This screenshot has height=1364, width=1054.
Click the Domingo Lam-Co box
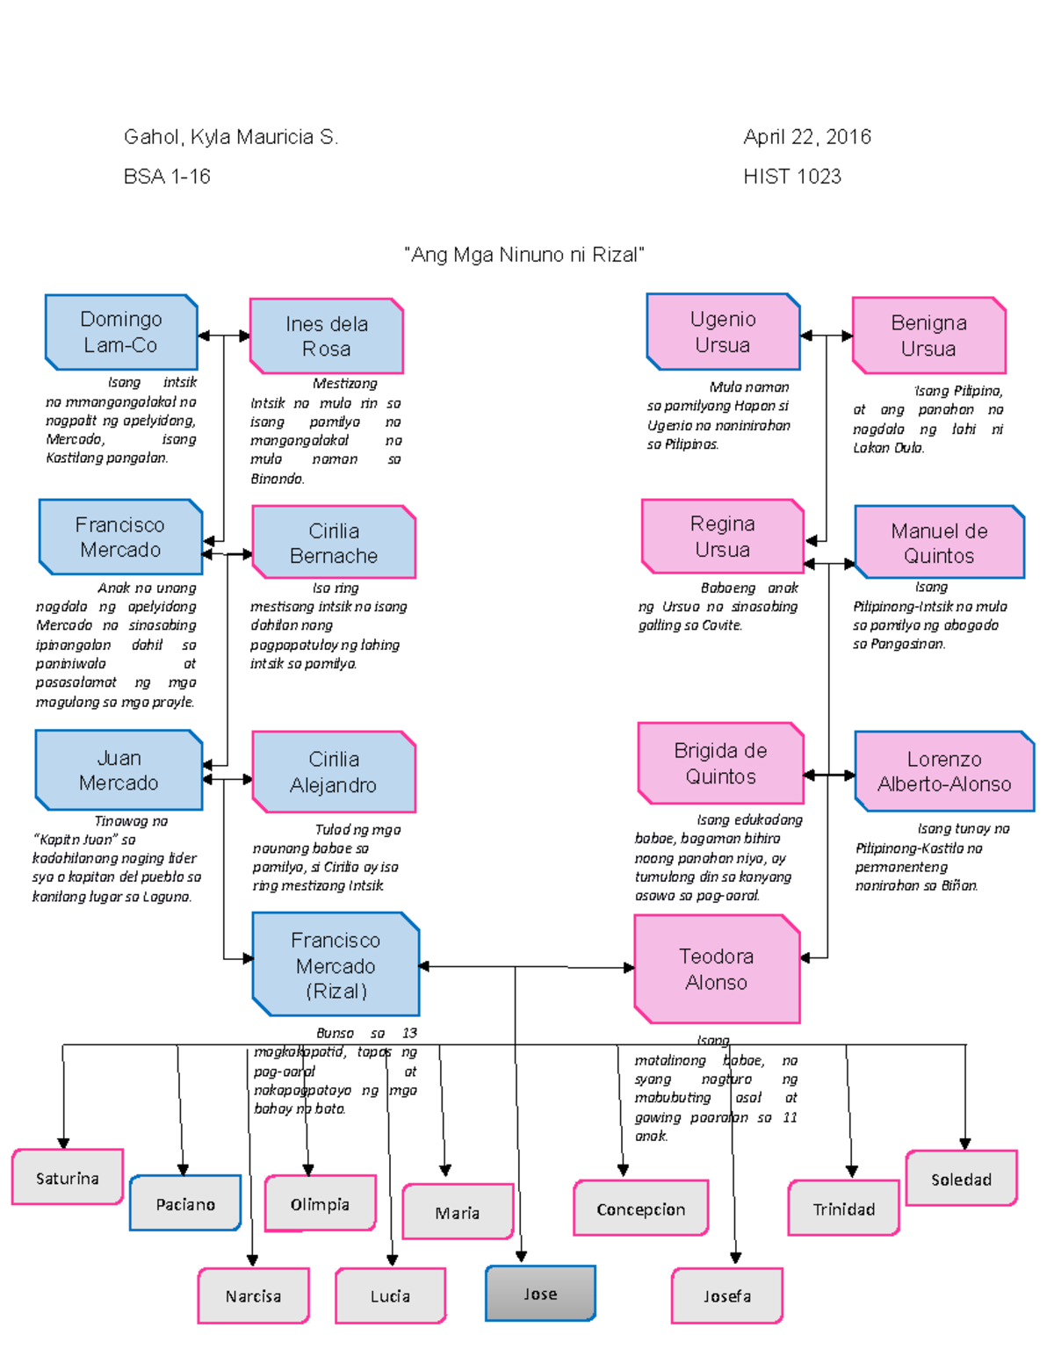(121, 332)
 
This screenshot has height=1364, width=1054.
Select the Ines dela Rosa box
(327, 336)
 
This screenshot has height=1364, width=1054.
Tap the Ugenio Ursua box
(723, 332)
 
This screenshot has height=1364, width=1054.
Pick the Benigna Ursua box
(928, 336)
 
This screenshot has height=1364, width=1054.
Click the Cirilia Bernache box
(334, 543)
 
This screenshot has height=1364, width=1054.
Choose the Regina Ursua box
(723, 537)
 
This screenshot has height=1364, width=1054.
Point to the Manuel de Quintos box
(939, 543)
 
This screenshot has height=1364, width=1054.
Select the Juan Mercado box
(119, 770)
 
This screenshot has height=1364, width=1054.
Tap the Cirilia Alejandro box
(334, 772)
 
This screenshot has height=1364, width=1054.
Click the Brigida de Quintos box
(720, 763)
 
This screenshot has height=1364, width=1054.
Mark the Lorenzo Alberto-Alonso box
(944, 772)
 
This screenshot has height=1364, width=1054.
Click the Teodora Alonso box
(717, 970)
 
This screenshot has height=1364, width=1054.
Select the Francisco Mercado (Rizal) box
(336, 965)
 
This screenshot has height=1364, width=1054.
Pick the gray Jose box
(540, 1294)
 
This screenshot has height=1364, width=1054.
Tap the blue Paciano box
(185, 1204)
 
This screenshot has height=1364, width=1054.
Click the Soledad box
(961, 1179)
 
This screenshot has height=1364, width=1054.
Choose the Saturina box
(68, 1178)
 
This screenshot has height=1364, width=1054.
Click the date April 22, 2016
(807, 137)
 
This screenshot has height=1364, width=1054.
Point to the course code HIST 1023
(792, 177)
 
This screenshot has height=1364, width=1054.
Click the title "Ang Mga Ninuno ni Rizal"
(524, 255)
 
